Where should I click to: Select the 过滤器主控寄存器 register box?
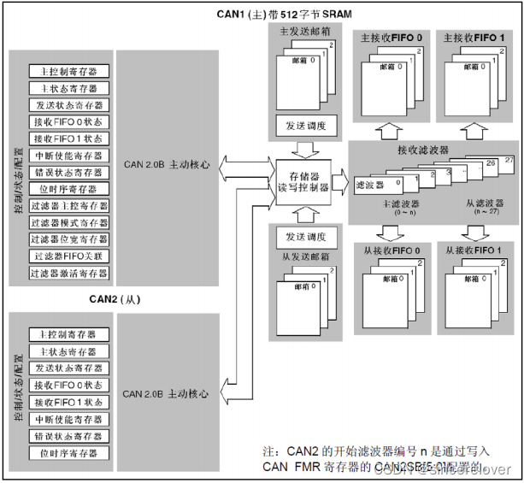[x=68, y=206]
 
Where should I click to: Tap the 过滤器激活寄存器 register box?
[x=68, y=273]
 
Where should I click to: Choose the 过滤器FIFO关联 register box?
[x=68, y=256]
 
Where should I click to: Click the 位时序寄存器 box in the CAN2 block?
[x=68, y=452]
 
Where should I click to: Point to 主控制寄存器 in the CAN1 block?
[x=68, y=73]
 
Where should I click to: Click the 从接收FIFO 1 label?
[x=471, y=250]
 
